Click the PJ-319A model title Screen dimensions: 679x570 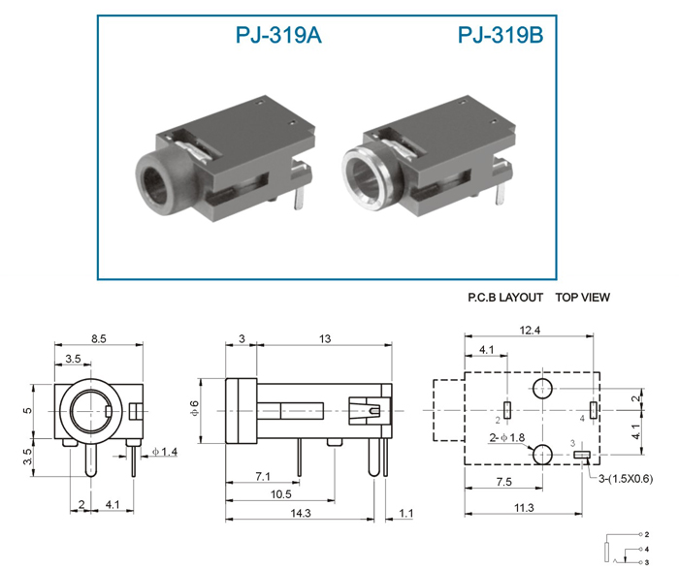pos(278,35)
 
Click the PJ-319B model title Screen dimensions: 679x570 pos(501,35)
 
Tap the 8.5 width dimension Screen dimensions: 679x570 pos(99,338)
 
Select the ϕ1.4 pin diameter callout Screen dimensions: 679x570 pos(165,452)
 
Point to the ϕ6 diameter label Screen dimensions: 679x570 pos(194,409)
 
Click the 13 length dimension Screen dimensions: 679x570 pos(325,338)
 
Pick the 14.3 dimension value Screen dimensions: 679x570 pos(301,513)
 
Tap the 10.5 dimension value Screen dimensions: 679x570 pos(281,493)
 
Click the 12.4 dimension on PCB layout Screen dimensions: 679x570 pos(530,331)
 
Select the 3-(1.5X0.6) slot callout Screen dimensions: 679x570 pos(626,479)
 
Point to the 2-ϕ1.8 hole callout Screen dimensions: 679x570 pos(507,437)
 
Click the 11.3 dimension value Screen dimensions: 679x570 pos(524,507)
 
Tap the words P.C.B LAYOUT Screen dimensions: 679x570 pos(505,298)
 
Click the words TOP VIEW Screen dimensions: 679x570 pos(583,298)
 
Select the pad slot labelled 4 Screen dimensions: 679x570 pos(594,409)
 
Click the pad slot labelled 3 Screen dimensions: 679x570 pos(582,455)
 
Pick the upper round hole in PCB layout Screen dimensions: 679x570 pos(542,388)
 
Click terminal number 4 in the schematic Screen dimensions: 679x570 pos(647,550)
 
